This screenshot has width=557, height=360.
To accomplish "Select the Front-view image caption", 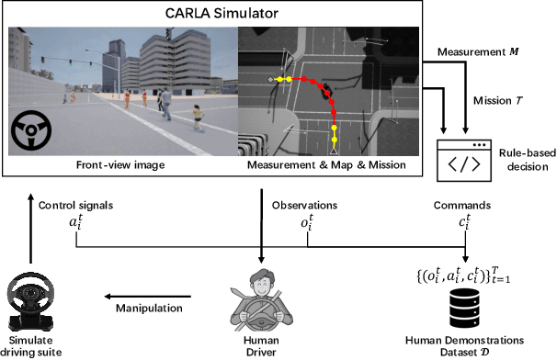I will [x=121, y=165].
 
